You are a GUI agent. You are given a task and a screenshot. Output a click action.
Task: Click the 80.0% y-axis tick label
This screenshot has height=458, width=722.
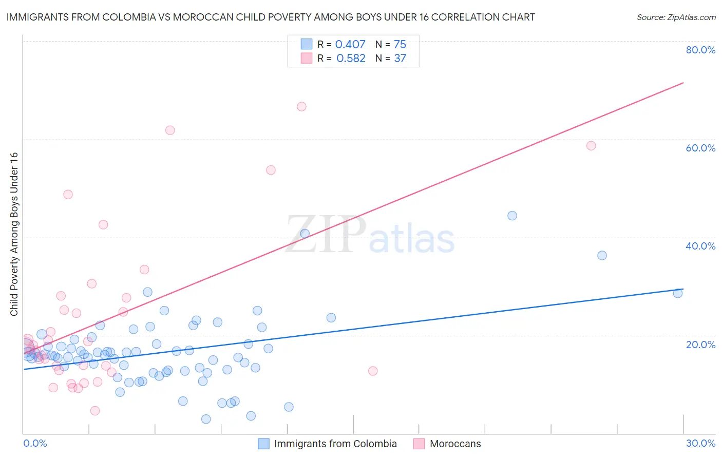pos(700,50)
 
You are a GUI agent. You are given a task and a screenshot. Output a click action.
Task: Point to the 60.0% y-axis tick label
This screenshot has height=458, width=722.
pos(700,148)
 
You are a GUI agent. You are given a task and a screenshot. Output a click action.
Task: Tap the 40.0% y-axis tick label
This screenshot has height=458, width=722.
pos(700,246)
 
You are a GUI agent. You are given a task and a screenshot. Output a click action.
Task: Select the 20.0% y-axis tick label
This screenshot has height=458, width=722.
pos(700,345)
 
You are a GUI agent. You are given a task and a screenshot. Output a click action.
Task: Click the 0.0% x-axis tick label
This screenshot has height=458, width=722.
pos(35,443)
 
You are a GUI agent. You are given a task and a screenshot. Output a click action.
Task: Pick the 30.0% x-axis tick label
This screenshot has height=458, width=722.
pos(700,443)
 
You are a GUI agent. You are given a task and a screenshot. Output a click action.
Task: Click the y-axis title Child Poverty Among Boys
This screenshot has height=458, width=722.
pos(14,234)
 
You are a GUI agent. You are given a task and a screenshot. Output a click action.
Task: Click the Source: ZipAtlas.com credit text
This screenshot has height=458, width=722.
pos(676,17)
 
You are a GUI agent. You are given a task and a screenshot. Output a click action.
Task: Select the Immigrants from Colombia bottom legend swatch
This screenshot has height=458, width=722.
pos(263,444)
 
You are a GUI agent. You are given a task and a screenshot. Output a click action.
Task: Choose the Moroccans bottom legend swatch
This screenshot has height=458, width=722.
pos(419,444)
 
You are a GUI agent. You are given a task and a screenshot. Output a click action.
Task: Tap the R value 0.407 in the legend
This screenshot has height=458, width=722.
pos(350,45)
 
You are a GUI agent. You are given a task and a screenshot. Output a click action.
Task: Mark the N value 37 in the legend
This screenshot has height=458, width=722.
pos(400,59)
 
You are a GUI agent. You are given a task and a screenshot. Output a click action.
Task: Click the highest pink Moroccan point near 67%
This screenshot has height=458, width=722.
pos(301,107)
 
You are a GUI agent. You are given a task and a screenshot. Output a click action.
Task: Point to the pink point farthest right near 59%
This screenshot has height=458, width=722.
pos(591,146)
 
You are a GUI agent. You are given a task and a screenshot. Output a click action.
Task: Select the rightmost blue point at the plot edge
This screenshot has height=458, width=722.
pos(678,293)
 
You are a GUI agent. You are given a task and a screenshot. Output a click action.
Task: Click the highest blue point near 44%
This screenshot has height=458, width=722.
pos(512,216)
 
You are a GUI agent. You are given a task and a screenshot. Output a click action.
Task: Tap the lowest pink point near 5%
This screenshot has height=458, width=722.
pos(95,411)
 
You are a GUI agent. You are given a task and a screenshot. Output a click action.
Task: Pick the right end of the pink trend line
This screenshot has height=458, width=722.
pos(683,83)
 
